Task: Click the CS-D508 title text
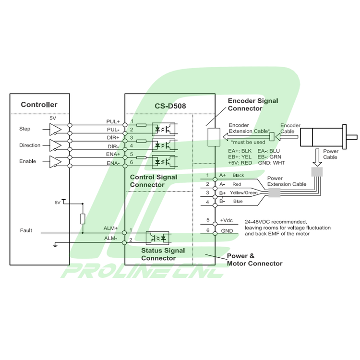click(170, 106)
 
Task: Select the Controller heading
click(39, 105)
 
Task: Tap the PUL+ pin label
click(113, 121)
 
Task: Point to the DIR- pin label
click(113, 146)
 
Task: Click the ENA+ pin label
click(113, 154)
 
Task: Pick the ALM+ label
click(110, 228)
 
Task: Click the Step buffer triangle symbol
click(55, 129)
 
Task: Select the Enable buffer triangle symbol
click(55, 162)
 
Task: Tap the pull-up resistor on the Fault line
click(83, 219)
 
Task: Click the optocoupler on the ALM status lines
click(157, 238)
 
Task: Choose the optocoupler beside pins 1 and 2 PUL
click(164, 129)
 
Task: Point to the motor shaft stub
click(352, 137)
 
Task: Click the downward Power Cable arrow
click(317, 157)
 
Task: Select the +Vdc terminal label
click(227, 220)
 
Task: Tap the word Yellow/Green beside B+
click(243, 193)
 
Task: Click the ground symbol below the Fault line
click(55, 245)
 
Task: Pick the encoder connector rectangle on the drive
click(214, 137)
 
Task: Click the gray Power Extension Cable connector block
click(275, 192)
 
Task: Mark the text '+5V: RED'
click(240, 163)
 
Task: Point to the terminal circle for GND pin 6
click(215, 234)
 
